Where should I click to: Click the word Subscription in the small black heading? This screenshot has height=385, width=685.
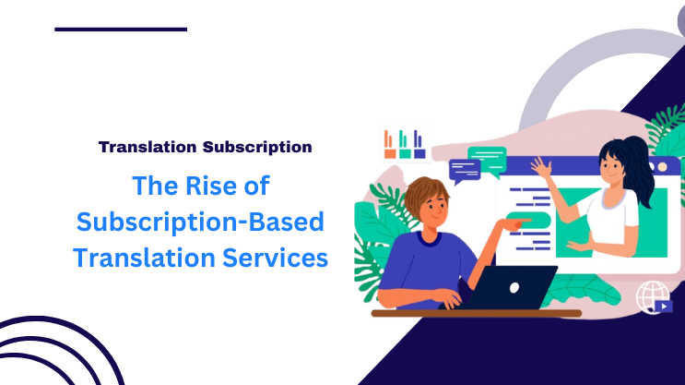coord(257,146)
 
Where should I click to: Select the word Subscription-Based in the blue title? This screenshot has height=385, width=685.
coord(201,222)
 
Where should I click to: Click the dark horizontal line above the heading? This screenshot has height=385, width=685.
coord(121,30)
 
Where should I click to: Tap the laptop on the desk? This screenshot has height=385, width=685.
coord(515,287)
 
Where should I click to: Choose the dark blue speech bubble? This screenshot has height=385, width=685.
coord(465,169)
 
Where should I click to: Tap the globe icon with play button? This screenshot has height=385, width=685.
coord(655,296)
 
